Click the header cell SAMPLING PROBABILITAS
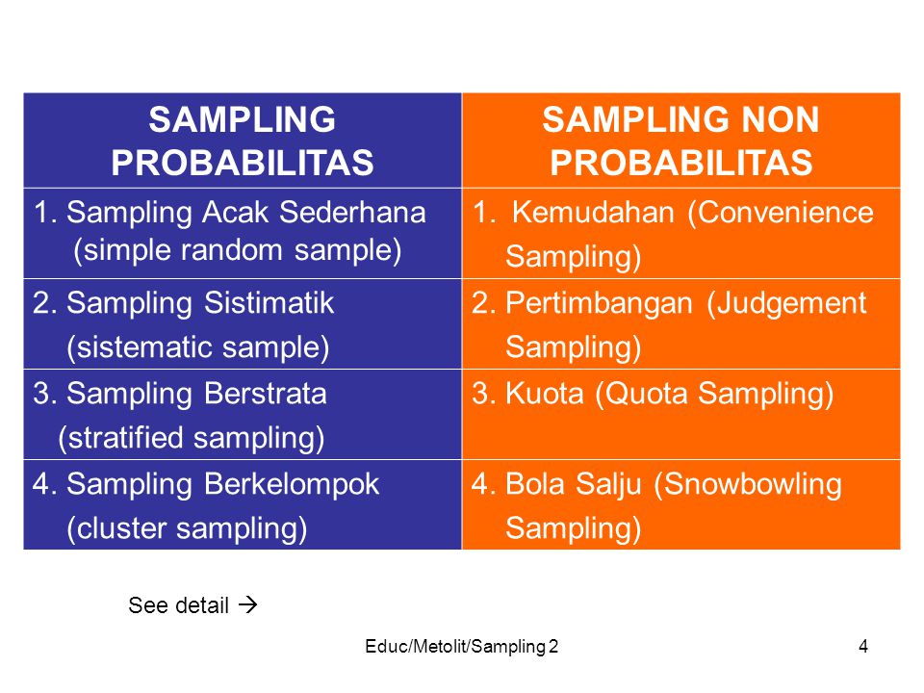(243, 141)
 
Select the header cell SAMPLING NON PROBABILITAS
(680, 141)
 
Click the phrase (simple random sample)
(237, 250)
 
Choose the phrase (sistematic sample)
(197, 346)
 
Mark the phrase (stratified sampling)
(191, 438)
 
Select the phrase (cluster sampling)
(186, 527)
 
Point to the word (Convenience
(780, 213)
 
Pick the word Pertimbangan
(599, 303)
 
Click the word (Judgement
(786, 303)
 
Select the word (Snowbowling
(747, 484)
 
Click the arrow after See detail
(248, 605)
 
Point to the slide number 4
(863, 647)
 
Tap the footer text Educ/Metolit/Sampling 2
(461, 647)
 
